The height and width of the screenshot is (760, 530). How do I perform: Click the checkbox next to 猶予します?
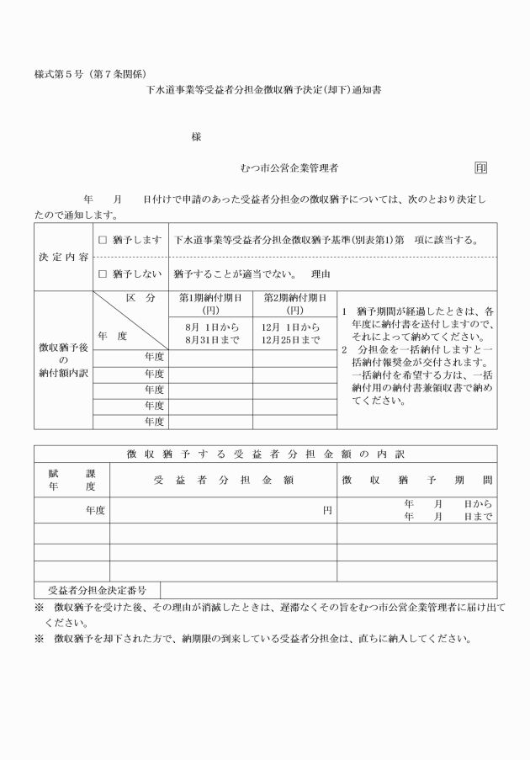[x=103, y=240]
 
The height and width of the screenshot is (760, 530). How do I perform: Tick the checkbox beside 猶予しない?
[x=103, y=274]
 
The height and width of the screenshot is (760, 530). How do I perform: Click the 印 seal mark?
[x=480, y=168]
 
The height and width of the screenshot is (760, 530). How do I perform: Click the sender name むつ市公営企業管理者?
[x=289, y=168]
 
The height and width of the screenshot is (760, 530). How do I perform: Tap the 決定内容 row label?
[x=63, y=257]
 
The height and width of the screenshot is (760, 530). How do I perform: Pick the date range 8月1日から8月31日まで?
[x=210, y=333]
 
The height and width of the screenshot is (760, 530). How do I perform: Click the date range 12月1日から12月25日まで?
[x=294, y=333]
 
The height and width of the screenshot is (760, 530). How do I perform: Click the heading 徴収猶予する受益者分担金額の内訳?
[x=265, y=454]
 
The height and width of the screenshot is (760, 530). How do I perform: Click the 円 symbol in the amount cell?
[x=327, y=510]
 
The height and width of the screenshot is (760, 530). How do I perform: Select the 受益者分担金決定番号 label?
[x=98, y=590]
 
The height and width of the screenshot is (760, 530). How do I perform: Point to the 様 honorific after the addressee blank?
[x=196, y=136]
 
